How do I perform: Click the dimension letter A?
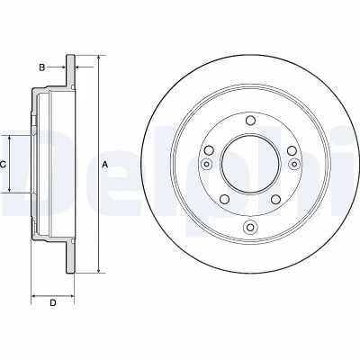(105, 164)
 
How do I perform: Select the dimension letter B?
(42, 67)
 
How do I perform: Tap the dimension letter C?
(3, 164)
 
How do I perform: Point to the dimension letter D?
(53, 303)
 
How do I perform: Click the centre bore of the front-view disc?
(250, 164)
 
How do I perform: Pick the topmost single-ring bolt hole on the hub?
(250, 121)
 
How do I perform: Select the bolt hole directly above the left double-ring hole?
(209, 150)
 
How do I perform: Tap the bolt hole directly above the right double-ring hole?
(292, 150)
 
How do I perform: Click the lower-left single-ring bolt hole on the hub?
(224, 199)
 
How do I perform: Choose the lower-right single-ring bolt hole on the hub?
(275, 199)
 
